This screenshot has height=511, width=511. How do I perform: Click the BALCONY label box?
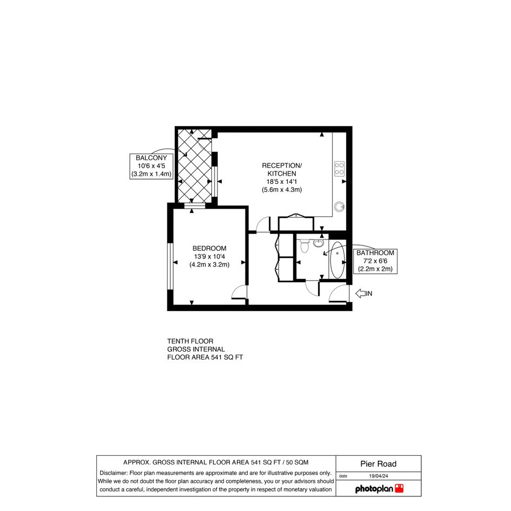[151, 166]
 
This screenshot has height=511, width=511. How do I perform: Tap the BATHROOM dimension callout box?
[375, 261]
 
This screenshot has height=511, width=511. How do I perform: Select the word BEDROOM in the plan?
[209, 248]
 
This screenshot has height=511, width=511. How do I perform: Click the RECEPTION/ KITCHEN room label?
[282, 169]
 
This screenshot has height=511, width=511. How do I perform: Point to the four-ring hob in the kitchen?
[339, 169]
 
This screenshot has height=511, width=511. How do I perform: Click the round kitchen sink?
[340, 207]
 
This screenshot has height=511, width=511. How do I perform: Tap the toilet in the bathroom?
[304, 245]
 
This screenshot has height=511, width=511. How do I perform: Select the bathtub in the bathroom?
[337, 260]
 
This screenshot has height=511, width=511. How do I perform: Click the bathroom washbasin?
[318, 243]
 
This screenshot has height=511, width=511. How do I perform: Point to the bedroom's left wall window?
[170, 266]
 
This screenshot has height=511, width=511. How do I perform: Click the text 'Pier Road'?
[379, 464]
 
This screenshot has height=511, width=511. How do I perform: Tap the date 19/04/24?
[379, 476]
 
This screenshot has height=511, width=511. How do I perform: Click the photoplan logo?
[380, 488]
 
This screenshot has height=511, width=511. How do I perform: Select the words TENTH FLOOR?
[190, 341]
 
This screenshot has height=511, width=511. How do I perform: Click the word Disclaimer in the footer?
[113, 473]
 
